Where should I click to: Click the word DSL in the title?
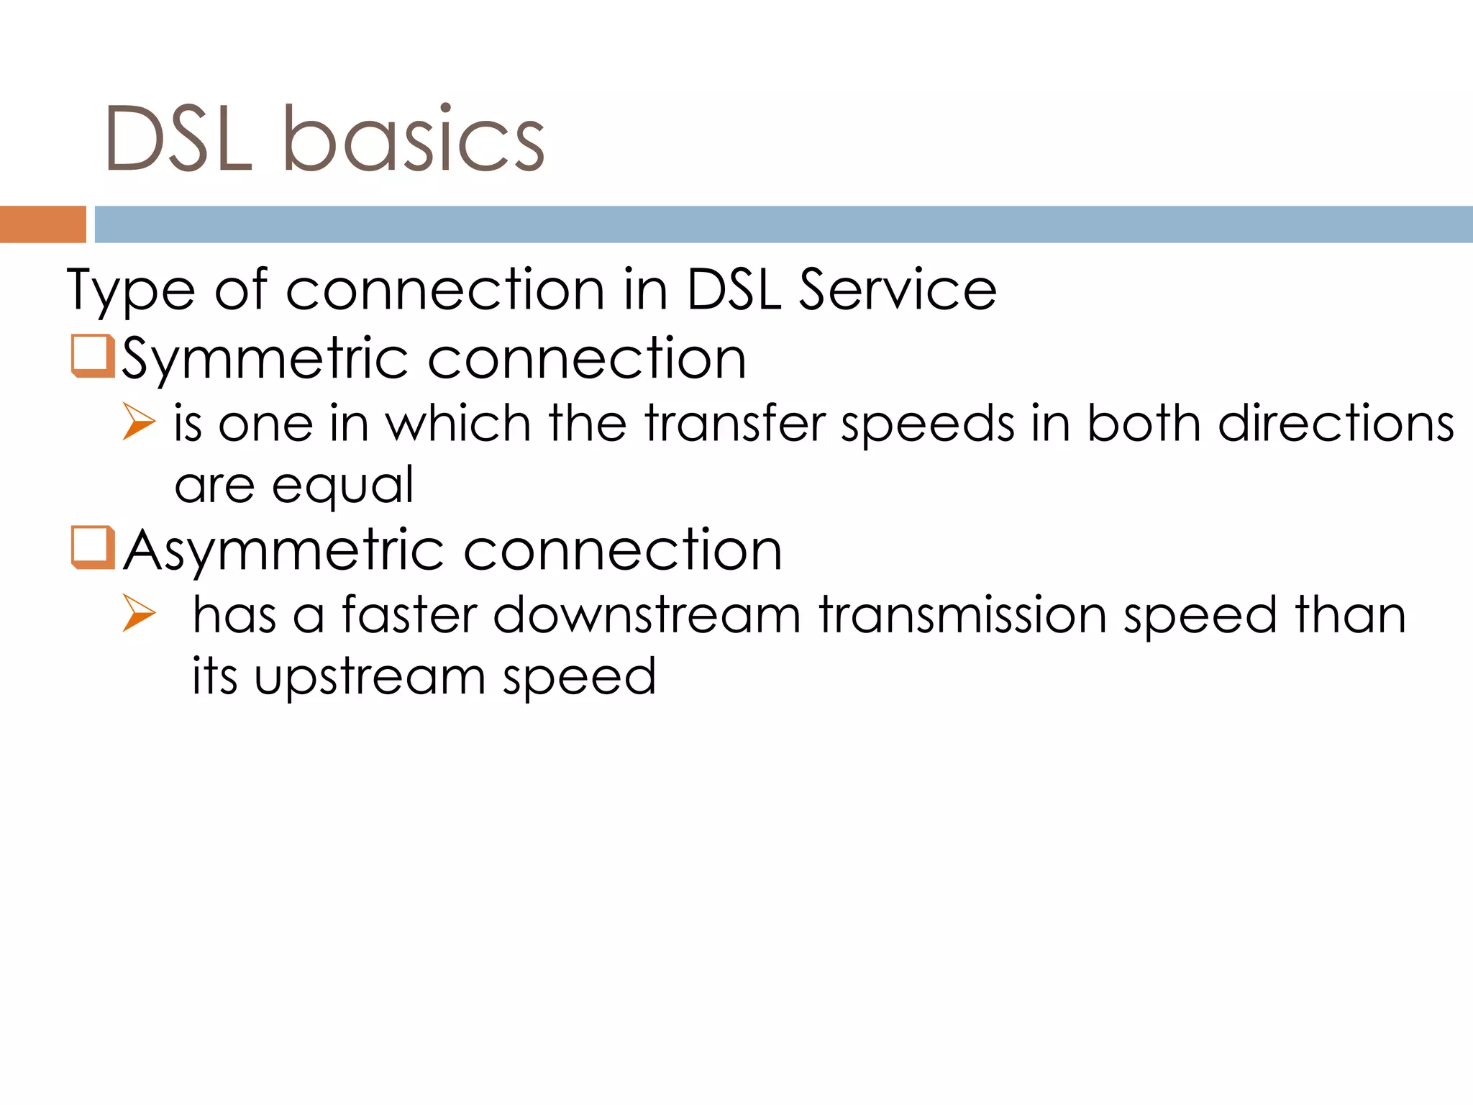[x=178, y=139]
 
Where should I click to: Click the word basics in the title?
[x=414, y=139]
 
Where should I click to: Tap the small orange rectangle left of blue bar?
[x=42, y=224]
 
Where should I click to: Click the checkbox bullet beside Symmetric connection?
[x=93, y=355]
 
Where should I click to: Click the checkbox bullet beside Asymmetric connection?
[x=93, y=547]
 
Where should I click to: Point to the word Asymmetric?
[x=284, y=550]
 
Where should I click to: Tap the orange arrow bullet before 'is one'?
[x=138, y=422]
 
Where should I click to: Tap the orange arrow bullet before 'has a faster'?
[x=138, y=613]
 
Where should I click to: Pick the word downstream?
[x=647, y=615]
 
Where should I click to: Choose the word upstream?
[x=370, y=678]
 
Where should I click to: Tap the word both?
[x=1144, y=423]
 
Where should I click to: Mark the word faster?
[x=409, y=615]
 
